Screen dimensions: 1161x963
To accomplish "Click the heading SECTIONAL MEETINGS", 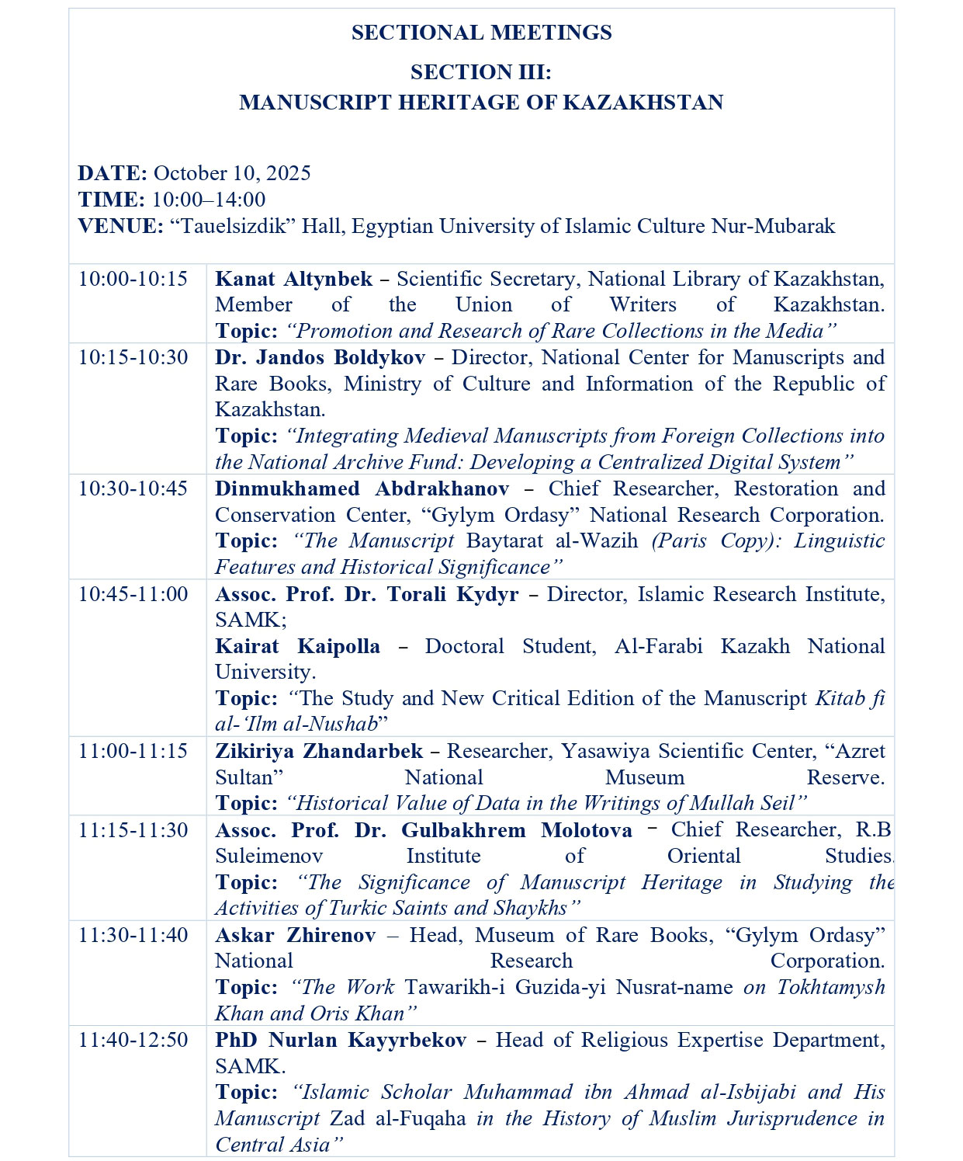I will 481,33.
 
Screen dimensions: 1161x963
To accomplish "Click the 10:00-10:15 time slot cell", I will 133,279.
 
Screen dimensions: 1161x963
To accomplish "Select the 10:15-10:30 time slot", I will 133,357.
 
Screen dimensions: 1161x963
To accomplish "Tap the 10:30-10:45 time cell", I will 133,488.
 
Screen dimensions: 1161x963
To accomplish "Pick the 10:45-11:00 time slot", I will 133,594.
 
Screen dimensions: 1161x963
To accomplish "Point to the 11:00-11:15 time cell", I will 133,751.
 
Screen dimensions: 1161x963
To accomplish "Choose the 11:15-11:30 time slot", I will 133,830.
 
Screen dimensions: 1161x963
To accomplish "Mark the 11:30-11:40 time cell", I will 133,935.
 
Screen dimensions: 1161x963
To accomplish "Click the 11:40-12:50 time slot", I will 133,1040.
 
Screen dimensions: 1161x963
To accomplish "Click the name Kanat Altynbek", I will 293,279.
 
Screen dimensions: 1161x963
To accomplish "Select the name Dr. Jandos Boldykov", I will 320,357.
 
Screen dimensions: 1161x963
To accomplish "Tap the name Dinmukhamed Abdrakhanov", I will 362,488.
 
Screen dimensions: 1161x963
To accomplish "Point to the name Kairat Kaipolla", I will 297,646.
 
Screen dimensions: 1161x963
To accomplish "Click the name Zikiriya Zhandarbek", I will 319,751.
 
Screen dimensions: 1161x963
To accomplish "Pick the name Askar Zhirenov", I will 295,935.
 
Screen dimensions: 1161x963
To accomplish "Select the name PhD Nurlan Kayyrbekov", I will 341,1040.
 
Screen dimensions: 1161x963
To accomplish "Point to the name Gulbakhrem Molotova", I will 516,830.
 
